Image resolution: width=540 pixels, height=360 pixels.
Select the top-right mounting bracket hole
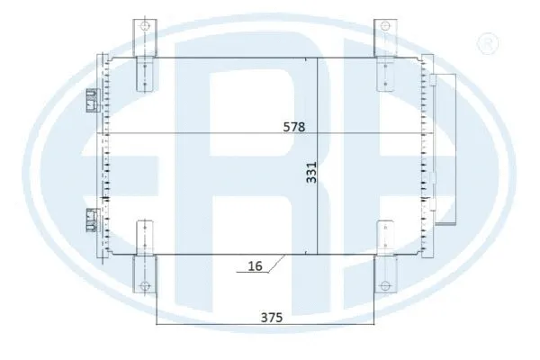(383, 26)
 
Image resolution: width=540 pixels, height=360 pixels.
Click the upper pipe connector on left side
(91, 100)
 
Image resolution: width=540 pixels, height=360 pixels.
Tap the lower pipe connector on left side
(91, 219)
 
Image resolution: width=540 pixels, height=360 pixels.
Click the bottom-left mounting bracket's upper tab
(143, 236)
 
